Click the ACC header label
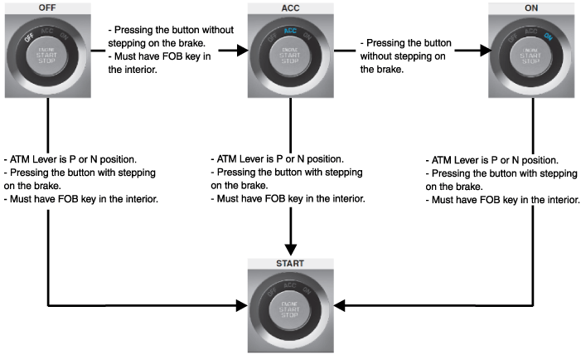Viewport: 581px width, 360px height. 290,7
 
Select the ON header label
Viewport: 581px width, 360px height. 531,7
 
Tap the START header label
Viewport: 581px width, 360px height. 290,264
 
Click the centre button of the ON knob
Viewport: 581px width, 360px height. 531,56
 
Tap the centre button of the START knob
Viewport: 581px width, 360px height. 290,313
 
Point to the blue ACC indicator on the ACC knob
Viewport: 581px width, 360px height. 290,31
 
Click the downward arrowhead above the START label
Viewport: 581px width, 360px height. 290,248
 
